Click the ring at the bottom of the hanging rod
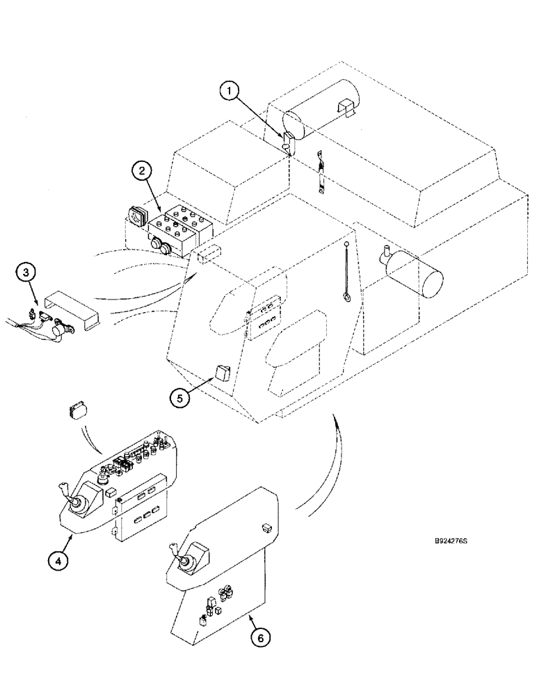[x=345, y=298]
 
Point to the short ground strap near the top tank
[x=321, y=174]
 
